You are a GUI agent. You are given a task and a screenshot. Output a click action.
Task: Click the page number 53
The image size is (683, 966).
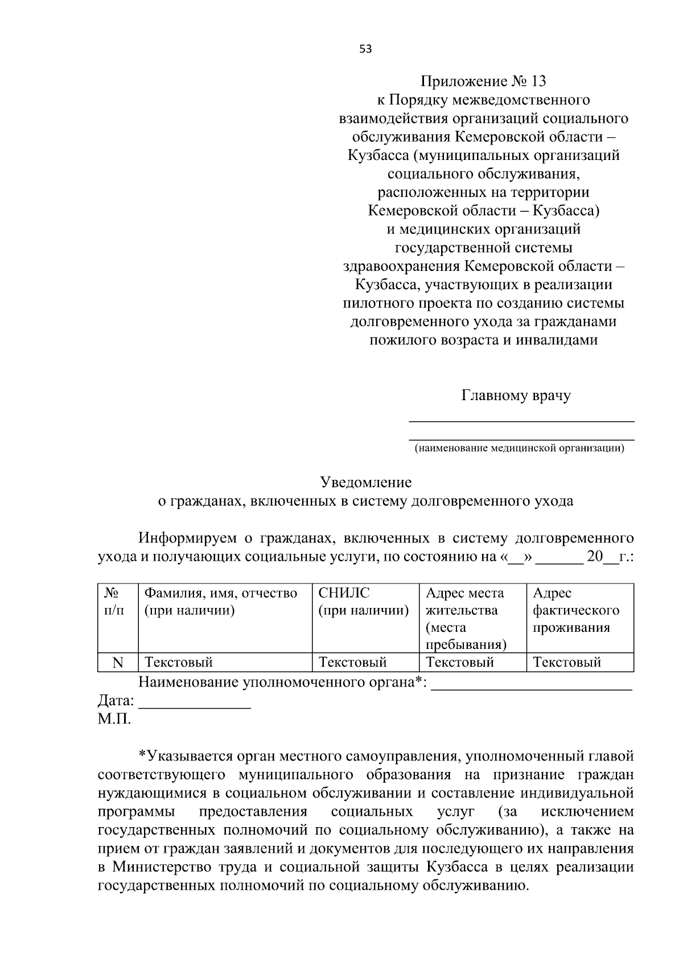[x=365, y=49]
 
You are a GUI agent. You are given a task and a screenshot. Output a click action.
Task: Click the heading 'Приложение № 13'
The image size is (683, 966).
[x=483, y=81]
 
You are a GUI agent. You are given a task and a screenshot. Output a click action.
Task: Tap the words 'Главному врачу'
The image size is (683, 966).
[x=516, y=395]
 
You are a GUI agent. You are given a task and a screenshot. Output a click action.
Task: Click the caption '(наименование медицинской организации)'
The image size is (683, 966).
[x=519, y=449]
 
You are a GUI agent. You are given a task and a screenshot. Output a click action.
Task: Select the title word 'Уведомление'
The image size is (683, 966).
[x=365, y=483]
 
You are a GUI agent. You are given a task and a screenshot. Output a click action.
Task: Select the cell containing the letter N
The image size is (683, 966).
[x=118, y=663]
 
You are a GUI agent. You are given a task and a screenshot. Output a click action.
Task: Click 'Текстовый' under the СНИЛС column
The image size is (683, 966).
[x=352, y=663]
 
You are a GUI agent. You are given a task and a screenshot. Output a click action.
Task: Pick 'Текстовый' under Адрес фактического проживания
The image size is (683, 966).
[x=566, y=663]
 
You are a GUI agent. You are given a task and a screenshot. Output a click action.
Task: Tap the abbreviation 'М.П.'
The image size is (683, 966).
[x=114, y=719]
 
